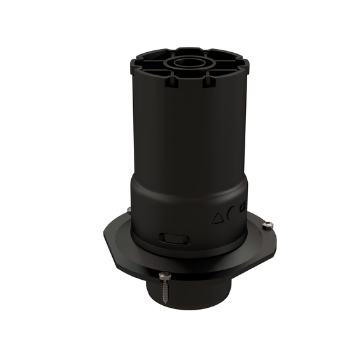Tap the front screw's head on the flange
(x=165, y=274)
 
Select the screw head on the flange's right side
(x=269, y=224)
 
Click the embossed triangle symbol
(x=218, y=217)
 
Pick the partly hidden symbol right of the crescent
(x=243, y=206)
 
